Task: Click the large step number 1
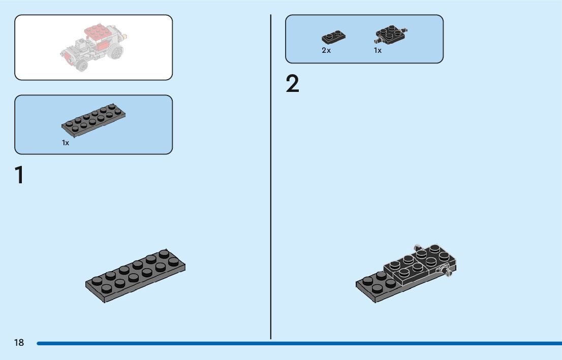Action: pyautogui.click(x=19, y=175)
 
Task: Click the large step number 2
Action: pyautogui.click(x=292, y=84)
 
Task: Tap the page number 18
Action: pyautogui.click(x=19, y=343)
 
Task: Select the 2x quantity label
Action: pyautogui.click(x=326, y=51)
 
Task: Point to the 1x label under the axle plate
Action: pyautogui.click(x=378, y=51)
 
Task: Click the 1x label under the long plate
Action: pyautogui.click(x=66, y=143)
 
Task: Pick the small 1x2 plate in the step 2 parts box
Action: pyautogui.click(x=334, y=37)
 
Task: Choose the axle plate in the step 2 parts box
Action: pyautogui.click(x=391, y=34)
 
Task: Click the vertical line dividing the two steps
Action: pyautogui.click(x=271, y=178)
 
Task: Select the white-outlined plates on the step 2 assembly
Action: pyautogui.click(x=419, y=264)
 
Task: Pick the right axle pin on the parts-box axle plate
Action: pyautogui.click(x=405, y=30)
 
